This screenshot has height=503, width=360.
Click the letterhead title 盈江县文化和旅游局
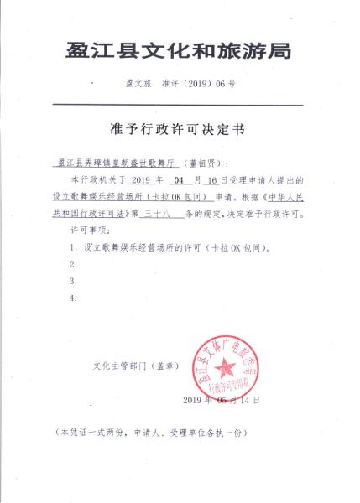(179, 53)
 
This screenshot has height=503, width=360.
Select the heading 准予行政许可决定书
(179, 129)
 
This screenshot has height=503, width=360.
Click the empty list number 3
(75, 280)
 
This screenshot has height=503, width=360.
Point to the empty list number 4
(75, 298)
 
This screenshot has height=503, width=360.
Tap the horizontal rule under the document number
(179, 104)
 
